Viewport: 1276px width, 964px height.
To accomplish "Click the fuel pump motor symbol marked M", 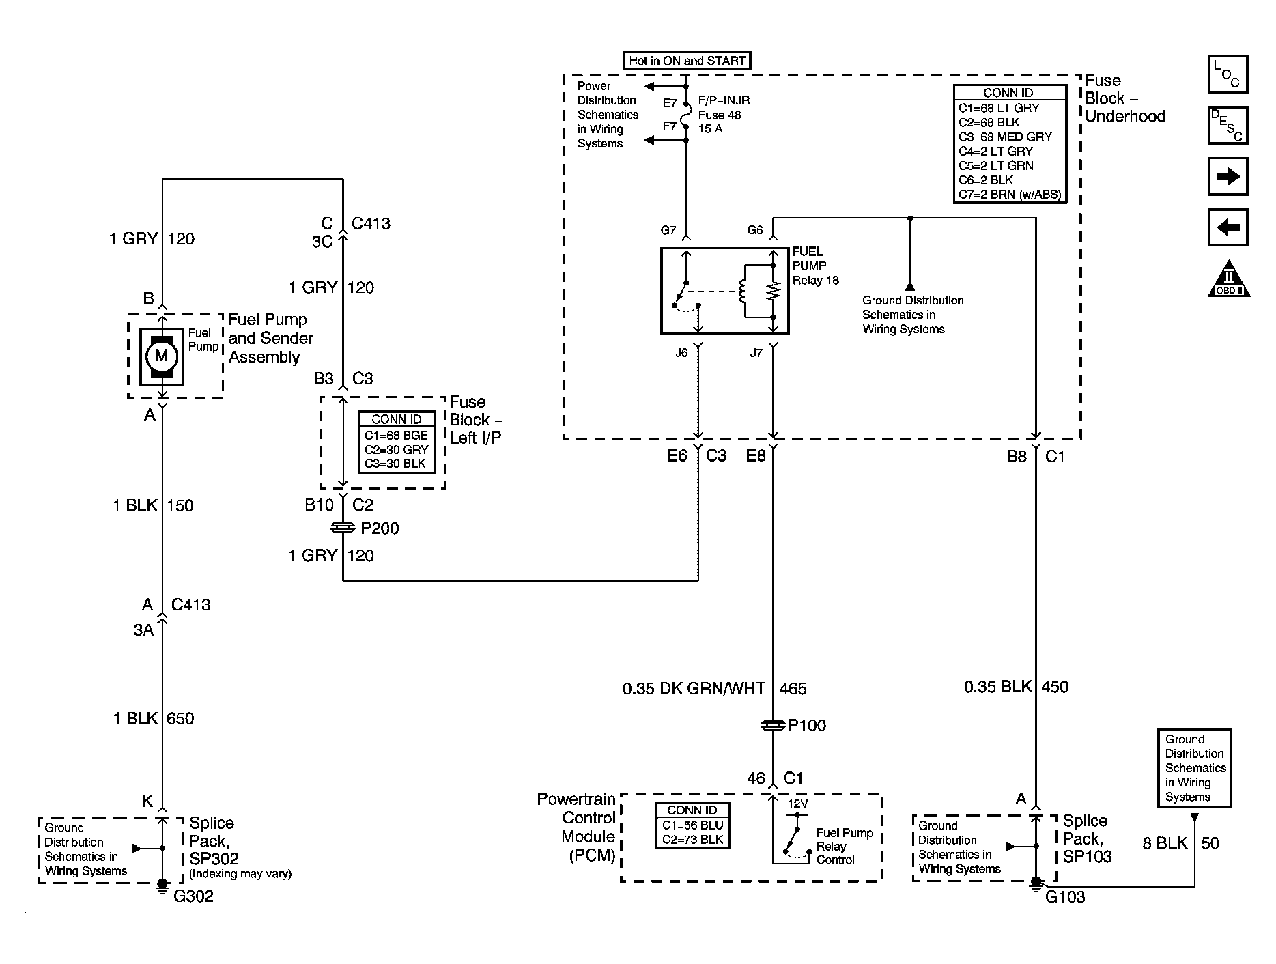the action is point(161,356).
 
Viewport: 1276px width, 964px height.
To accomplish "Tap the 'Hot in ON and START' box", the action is point(687,61).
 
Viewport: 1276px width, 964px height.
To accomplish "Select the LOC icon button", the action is point(1228,74).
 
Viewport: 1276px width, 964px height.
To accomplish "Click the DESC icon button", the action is point(1228,125).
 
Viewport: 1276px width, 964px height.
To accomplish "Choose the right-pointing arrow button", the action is point(1228,176).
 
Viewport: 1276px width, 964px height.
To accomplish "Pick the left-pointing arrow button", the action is point(1228,227).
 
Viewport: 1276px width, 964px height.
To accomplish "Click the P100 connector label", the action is point(807,725).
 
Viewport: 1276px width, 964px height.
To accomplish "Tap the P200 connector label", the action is point(380,528).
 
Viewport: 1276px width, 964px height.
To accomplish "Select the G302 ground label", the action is point(193,896).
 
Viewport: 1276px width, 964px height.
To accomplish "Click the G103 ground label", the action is point(1065,897).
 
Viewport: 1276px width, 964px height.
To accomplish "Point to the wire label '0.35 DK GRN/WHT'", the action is point(694,689).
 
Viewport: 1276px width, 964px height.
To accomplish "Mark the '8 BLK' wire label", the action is point(1165,843).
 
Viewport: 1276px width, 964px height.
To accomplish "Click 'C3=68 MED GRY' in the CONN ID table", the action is point(1005,137).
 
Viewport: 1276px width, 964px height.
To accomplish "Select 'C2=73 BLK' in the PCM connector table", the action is point(692,839).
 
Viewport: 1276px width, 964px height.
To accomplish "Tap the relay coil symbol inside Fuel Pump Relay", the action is point(742,293).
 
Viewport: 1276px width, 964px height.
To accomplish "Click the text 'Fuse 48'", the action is point(720,115).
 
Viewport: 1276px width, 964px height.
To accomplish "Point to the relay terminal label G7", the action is point(668,231).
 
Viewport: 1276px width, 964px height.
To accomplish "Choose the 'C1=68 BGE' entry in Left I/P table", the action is point(396,435).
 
